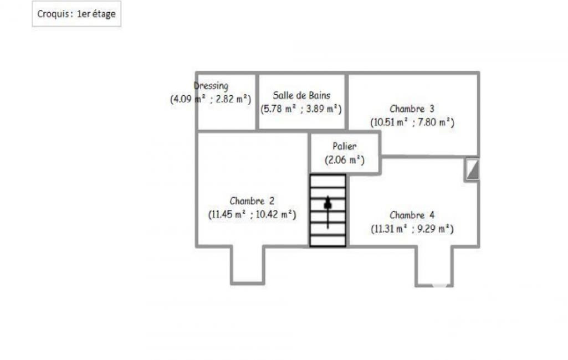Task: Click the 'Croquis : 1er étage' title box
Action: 76,14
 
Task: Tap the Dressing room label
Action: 211,86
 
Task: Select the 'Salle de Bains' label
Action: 301,95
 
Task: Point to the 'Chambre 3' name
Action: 412,109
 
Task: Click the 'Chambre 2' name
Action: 252,200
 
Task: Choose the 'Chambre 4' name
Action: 412,215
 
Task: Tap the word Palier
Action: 345,146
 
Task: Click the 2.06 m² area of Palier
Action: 345,160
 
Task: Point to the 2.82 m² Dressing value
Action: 232,99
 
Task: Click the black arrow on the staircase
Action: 328,212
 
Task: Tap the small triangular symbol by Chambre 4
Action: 472,169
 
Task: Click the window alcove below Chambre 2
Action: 248,265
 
